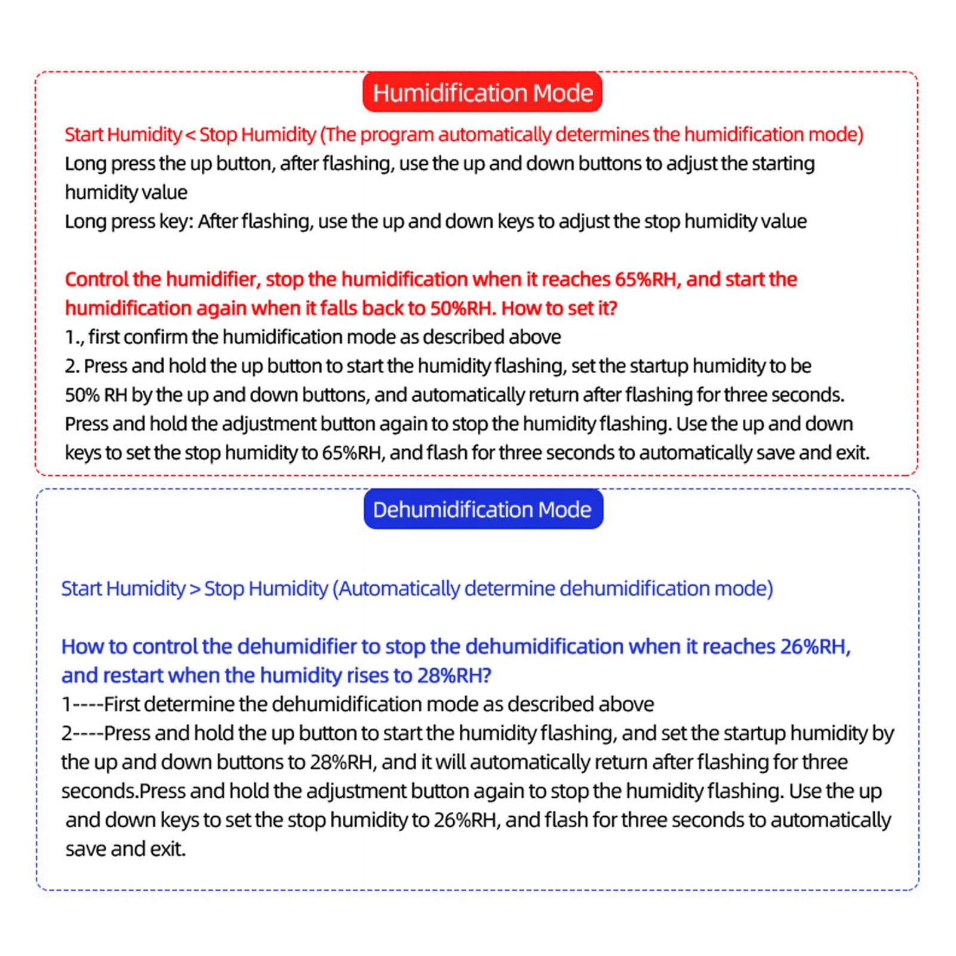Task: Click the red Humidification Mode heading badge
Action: [482, 93]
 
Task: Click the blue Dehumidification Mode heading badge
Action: [482, 509]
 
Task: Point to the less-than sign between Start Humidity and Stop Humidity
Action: [190, 135]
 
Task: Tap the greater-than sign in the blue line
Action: [195, 589]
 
